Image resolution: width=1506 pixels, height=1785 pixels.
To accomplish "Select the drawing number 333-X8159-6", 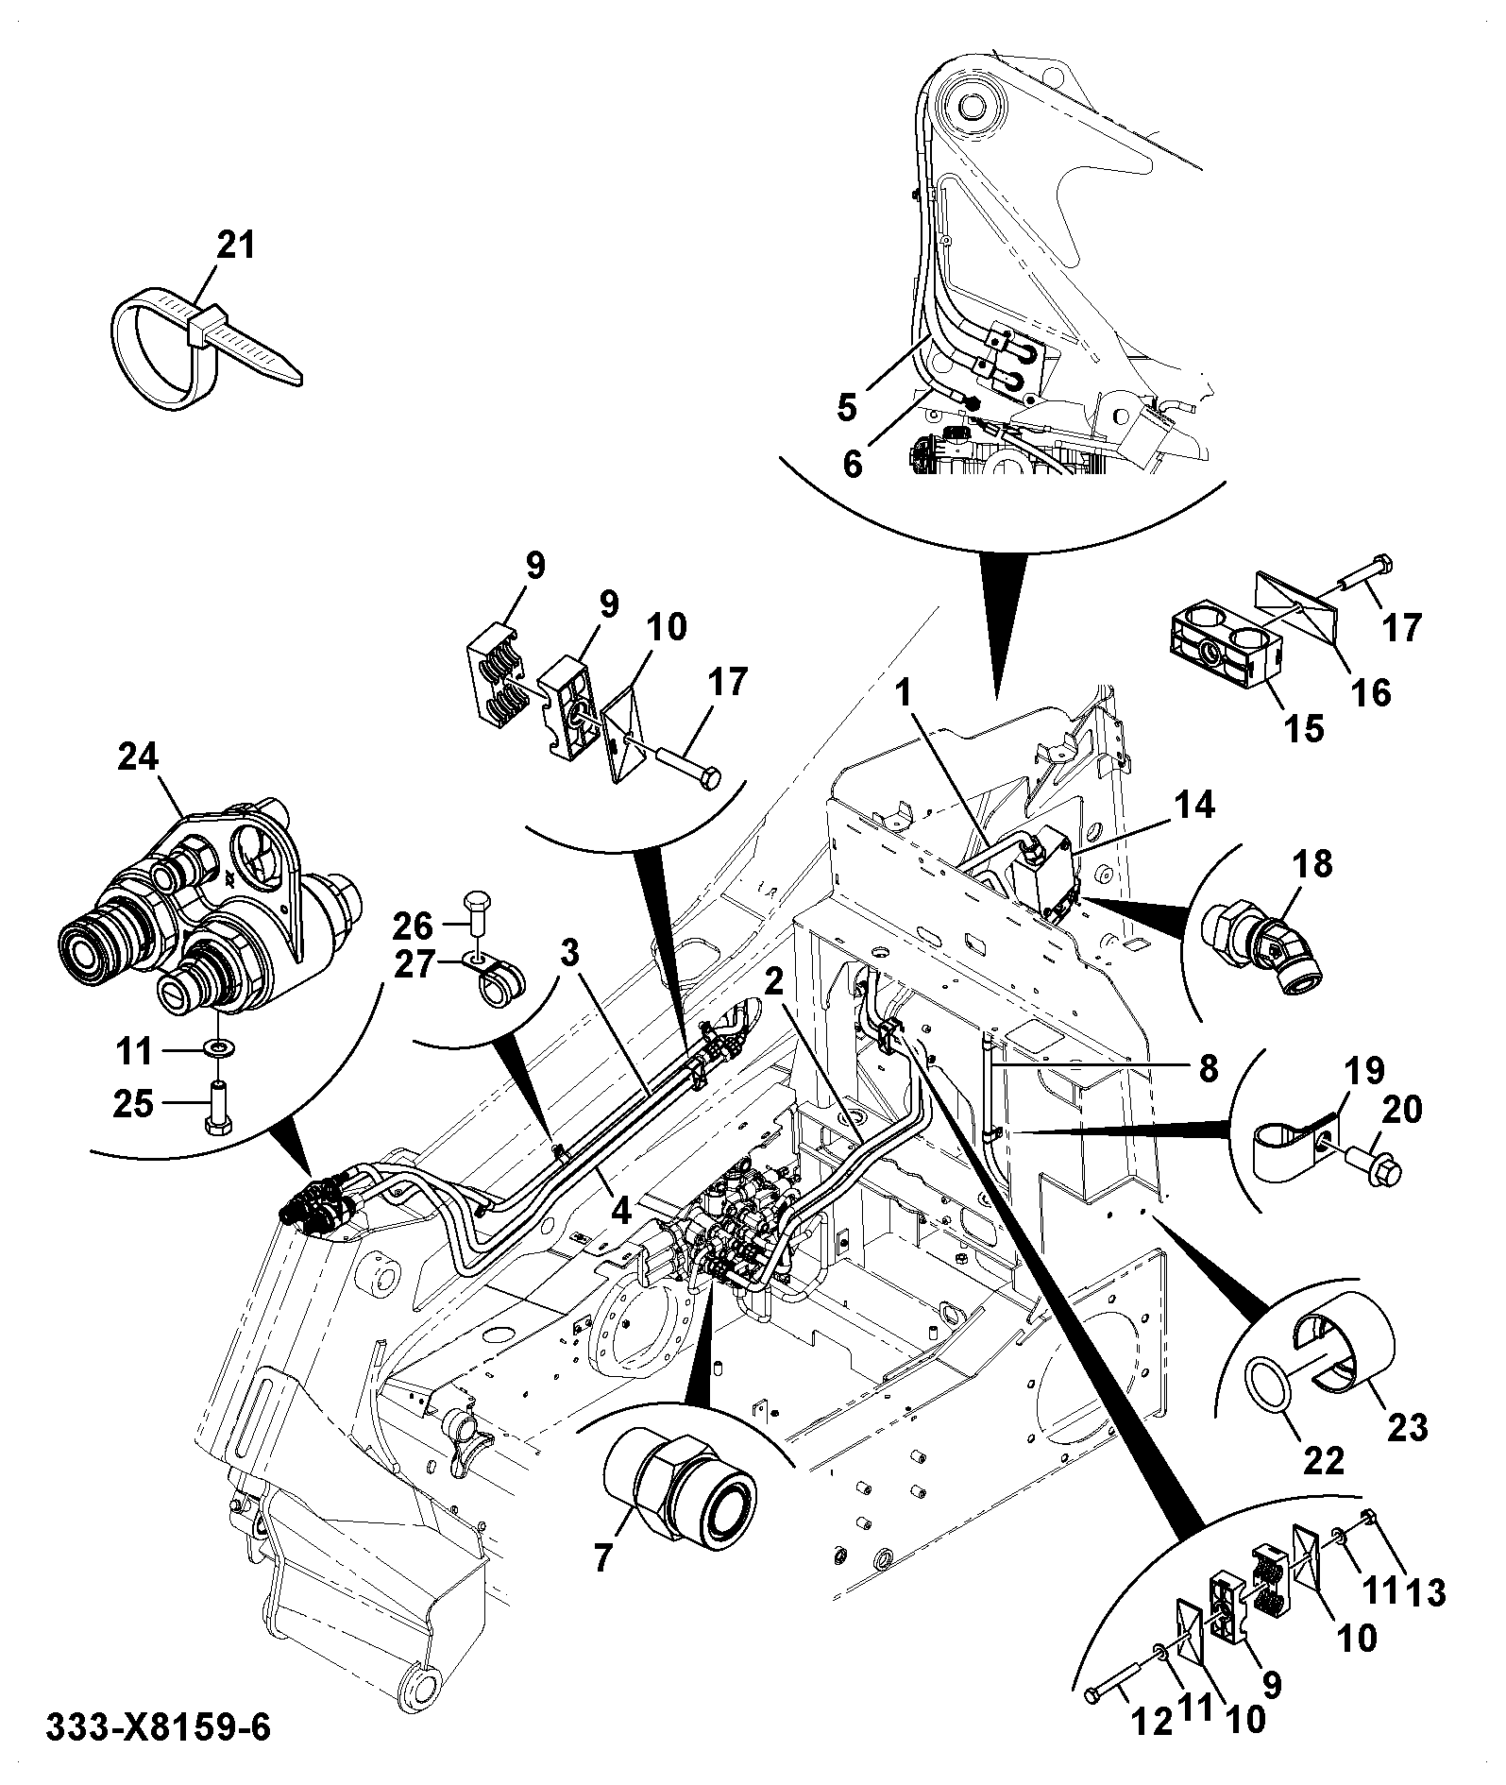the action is coord(159,1728).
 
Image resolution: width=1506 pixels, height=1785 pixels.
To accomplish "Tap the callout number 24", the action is coord(140,757).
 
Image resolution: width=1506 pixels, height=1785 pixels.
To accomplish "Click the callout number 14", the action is coord(1194,807).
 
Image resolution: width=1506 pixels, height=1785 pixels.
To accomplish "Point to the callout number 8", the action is coord(1207,1068).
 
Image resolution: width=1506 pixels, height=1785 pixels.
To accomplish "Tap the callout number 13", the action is coord(1425,1593).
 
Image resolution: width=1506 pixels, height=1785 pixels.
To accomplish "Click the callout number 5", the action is coord(847,408).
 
